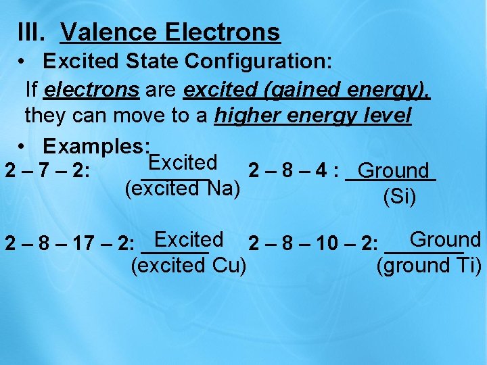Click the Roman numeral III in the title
[31, 32]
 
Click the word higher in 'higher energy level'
[247, 116]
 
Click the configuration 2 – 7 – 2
[46, 171]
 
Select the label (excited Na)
[183, 188]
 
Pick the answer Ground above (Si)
[393, 171]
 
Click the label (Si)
[399, 197]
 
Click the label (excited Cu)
[188, 266]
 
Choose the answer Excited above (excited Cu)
[189, 239]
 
